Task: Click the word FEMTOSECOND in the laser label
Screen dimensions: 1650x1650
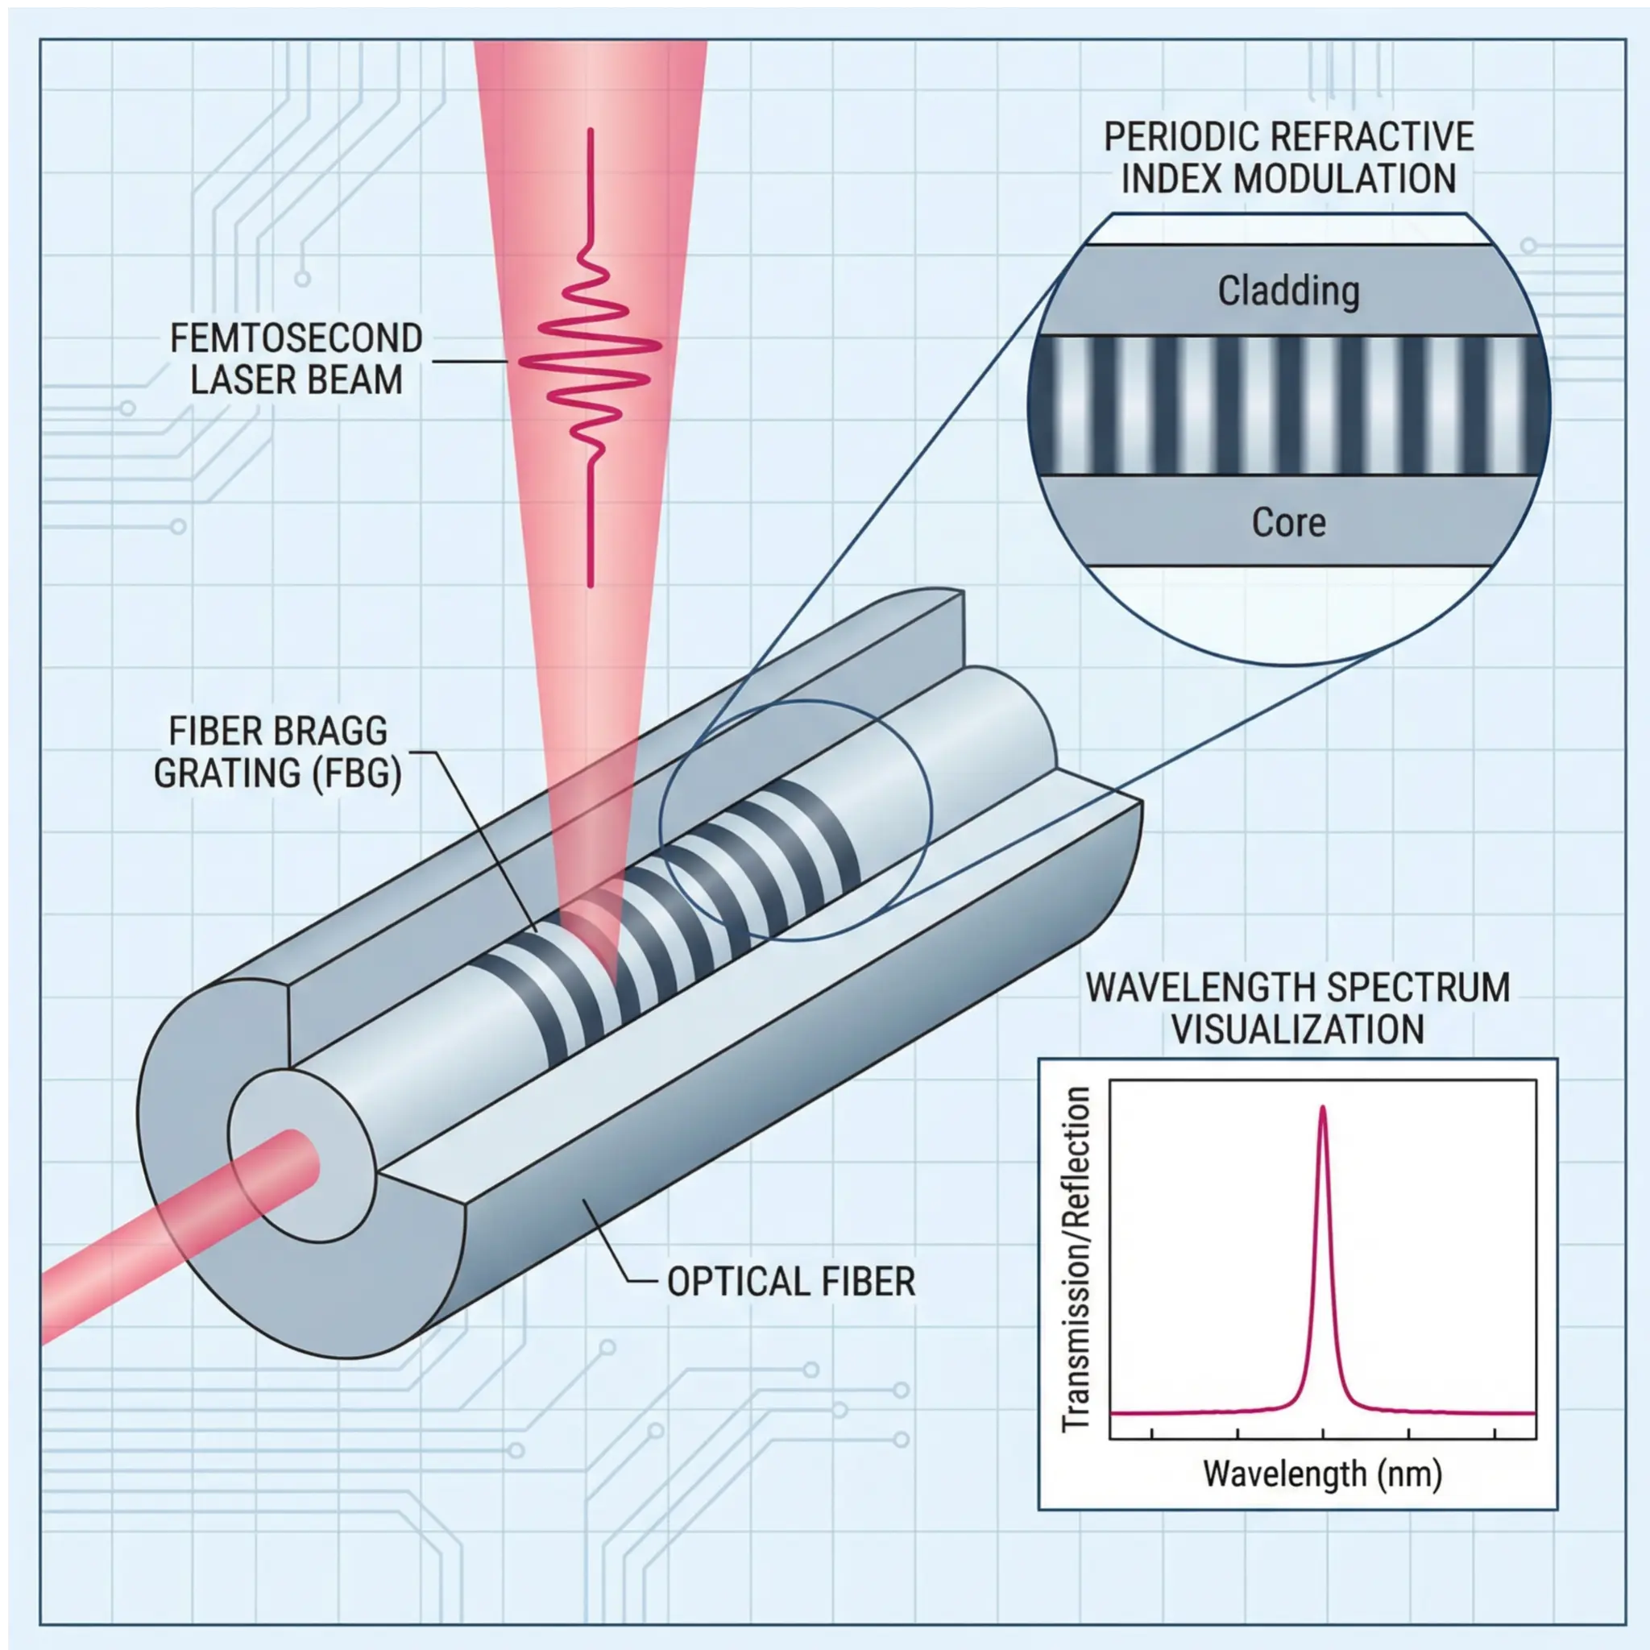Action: pyautogui.click(x=296, y=339)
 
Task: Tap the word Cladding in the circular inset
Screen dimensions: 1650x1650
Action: pyautogui.click(x=1288, y=291)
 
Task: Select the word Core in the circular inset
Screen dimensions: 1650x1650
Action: pyautogui.click(x=1288, y=523)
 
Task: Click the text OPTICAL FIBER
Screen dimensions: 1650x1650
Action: pyautogui.click(x=791, y=1282)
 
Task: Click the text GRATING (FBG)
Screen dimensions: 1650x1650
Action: pyautogui.click(x=278, y=773)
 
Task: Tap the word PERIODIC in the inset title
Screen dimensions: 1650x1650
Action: pyautogui.click(x=1175, y=137)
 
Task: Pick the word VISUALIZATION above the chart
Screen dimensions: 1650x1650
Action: pyautogui.click(x=1297, y=1029)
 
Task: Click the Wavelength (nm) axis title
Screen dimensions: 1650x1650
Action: pyautogui.click(x=1322, y=1498)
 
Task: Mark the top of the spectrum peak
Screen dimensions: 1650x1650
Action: pyautogui.click(x=1323, y=1109)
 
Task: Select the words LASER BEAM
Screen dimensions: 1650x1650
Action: pyautogui.click(x=296, y=380)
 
